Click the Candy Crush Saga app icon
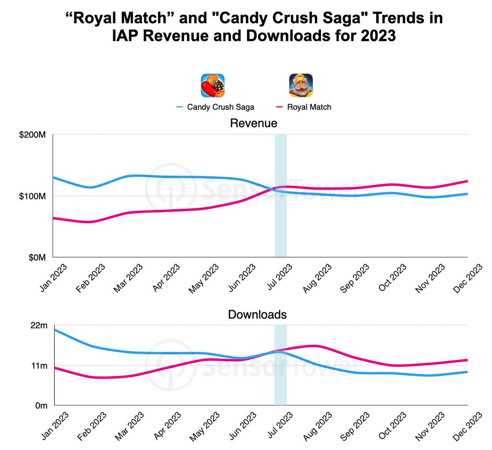tap(213, 85)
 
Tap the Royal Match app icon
tap(301, 85)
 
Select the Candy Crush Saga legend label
tap(220, 107)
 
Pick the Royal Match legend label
tap(309, 107)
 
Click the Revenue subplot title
tap(253, 123)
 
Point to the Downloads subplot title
tap(257, 315)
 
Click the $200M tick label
tap(32, 135)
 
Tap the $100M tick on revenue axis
tap(32, 196)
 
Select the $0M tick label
tap(37, 257)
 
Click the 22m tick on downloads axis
tap(39, 325)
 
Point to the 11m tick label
tap(39, 366)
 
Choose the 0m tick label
tap(41, 405)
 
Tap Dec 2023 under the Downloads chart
tap(468, 426)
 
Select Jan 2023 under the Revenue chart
tap(53, 278)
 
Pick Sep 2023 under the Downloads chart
tap(355, 426)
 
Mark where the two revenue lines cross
tap(273, 189)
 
